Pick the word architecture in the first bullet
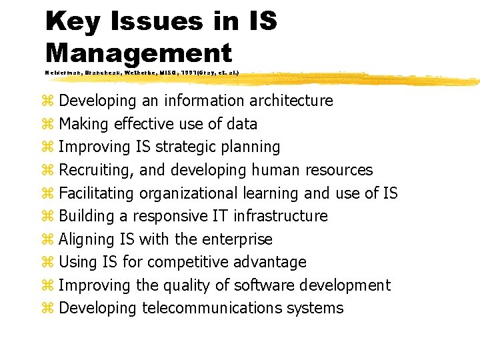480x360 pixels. coord(291,101)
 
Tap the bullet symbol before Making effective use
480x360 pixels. coord(47,124)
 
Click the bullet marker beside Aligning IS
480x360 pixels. coord(47,239)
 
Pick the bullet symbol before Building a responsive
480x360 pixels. coord(47,216)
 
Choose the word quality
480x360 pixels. coord(188,285)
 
